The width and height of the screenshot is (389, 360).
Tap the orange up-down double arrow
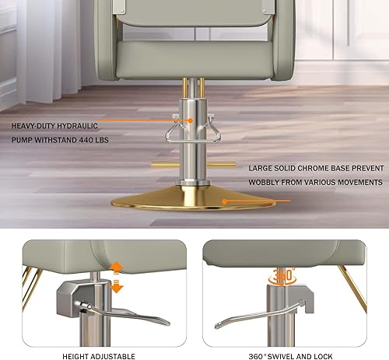point(117,277)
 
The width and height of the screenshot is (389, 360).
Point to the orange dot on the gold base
point(224,201)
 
